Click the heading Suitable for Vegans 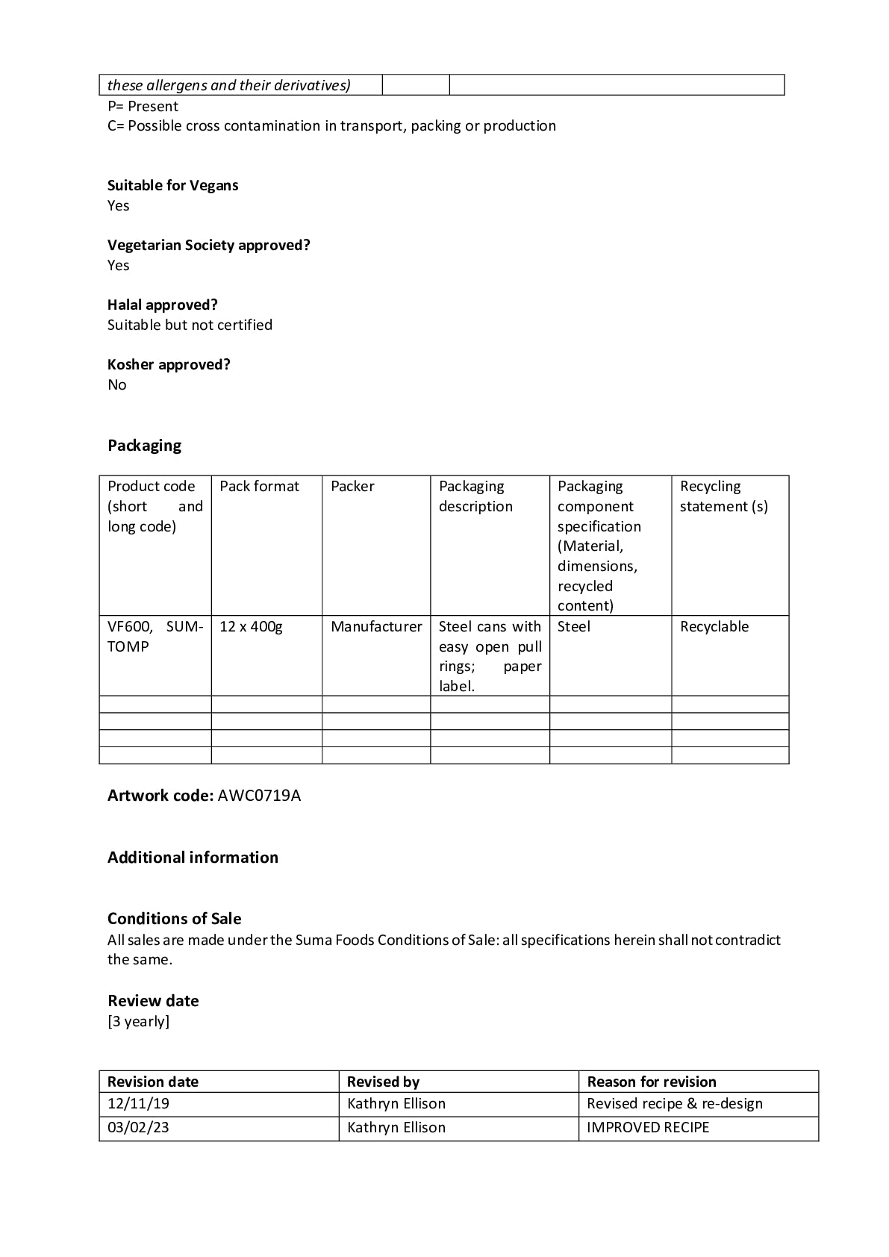tap(172, 185)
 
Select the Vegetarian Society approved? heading tap(208, 245)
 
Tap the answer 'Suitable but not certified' tap(190, 325)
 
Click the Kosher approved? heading tap(169, 364)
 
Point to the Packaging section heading tap(144, 446)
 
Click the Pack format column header tap(259, 487)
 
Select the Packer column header tap(352, 487)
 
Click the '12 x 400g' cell tap(251, 627)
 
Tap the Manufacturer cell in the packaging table tap(376, 627)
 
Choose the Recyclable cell tap(714, 627)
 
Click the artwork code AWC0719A tap(259, 796)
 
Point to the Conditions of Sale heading tap(174, 919)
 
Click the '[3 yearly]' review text tap(138, 1021)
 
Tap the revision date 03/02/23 tap(138, 1128)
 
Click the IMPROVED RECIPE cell tap(647, 1128)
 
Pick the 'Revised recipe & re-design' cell tap(674, 1104)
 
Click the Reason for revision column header tap(651, 1082)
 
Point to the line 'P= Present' tap(143, 106)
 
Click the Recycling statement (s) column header tap(723, 496)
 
